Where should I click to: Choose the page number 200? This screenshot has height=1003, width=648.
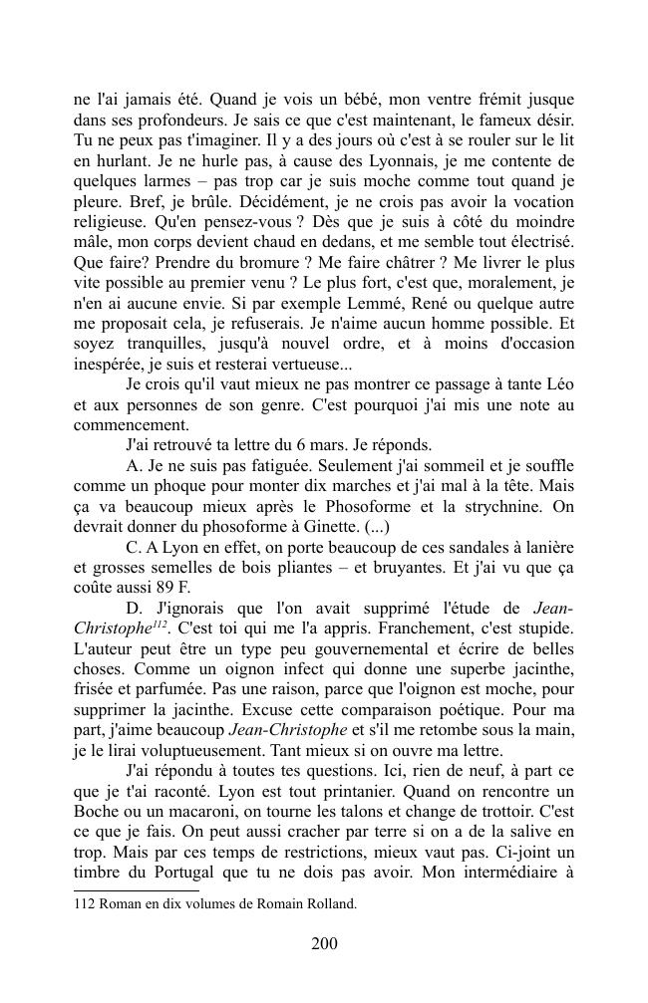324,944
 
